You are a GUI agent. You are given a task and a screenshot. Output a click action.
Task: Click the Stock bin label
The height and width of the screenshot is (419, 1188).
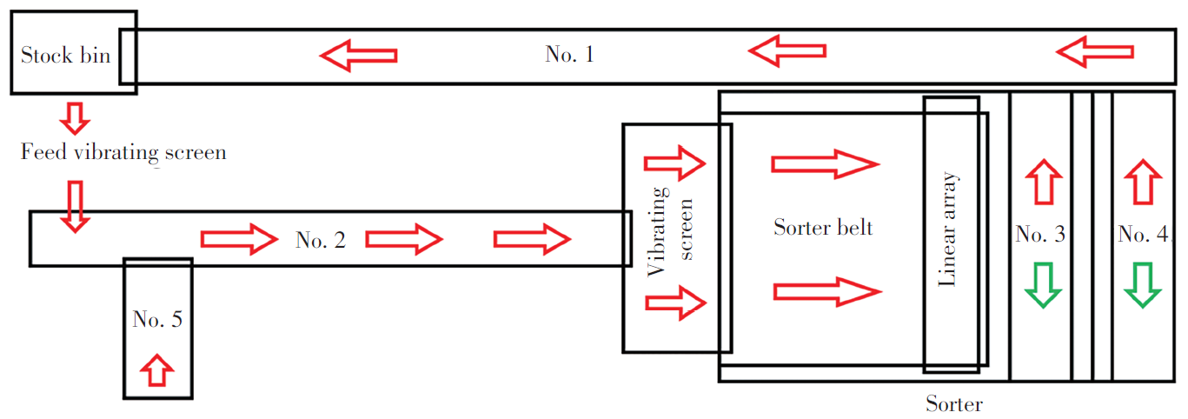[x=65, y=56]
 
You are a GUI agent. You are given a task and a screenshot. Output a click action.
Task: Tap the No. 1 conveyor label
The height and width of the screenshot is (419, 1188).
[x=569, y=55]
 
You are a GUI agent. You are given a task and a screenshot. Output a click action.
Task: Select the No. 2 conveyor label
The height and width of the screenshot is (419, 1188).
[x=320, y=240]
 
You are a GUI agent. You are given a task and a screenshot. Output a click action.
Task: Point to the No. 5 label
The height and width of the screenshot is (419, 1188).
[x=157, y=319]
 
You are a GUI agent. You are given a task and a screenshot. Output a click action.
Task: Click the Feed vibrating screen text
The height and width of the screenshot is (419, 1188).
[x=123, y=153]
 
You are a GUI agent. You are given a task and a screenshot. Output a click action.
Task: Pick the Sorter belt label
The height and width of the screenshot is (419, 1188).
[x=822, y=228]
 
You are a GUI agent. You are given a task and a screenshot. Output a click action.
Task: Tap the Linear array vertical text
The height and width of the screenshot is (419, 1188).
[x=951, y=231]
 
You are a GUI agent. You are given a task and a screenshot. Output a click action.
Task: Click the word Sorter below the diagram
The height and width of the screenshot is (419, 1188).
[x=953, y=404]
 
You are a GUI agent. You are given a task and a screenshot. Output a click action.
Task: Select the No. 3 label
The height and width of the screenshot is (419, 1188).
[x=1040, y=234]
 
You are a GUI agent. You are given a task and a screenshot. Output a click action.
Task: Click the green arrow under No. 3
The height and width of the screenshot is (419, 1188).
[x=1043, y=284]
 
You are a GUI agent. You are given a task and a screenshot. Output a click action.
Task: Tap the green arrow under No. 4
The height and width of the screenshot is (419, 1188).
[x=1143, y=284]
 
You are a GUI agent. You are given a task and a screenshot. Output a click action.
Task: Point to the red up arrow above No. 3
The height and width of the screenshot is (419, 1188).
[x=1043, y=181]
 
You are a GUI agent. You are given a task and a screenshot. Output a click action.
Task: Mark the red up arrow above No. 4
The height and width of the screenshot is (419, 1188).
[x=1143, y=181]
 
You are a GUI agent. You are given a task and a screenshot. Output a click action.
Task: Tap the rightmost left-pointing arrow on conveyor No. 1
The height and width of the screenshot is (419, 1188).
[x=1095, y=54]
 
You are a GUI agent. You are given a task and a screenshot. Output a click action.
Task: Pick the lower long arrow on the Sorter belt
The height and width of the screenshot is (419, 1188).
[x=827, y=291]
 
